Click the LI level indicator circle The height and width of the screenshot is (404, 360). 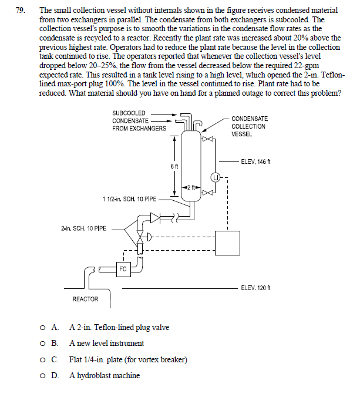(x=216, y=176)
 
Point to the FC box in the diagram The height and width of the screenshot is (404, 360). (x=123, y=269)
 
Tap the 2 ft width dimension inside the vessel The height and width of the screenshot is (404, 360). (x=189, y=187)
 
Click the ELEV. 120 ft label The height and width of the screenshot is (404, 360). (x=255, y=287)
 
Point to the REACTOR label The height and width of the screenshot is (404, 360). (x=85, y=299)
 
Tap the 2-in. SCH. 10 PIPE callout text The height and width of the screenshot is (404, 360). (x=83, y=228)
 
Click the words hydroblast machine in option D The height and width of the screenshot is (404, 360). (x=110, y=375)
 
